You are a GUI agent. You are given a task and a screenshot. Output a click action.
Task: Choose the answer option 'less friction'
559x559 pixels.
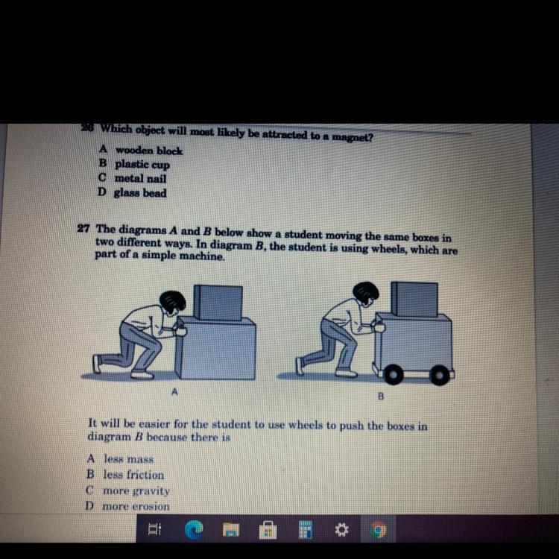[x=133, y=475]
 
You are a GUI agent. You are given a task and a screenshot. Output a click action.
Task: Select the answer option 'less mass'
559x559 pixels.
[x=128, y=459]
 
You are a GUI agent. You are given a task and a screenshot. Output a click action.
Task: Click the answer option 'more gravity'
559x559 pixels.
[x=136, y=491]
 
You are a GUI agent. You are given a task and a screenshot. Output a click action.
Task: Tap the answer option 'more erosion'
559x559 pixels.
[x=136, y=506]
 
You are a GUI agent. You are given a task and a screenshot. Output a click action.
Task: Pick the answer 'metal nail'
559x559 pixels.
[x=140, y=178]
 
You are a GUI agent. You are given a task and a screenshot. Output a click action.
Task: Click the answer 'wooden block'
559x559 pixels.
[x=149, y=151]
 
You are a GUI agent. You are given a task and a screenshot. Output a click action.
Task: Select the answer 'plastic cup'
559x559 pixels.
[x=142, y=165]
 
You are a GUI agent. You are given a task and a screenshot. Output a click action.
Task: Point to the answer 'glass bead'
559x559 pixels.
[x=140, y=192]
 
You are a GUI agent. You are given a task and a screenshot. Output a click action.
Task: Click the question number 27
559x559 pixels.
[x=83, y=228]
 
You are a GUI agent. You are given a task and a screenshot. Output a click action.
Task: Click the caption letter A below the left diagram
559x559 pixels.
[x=174, y=392]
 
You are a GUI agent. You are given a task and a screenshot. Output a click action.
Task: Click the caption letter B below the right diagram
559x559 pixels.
[x=381, y=396]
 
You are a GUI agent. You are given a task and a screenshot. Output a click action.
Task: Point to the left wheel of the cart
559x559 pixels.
[x=394, y=374]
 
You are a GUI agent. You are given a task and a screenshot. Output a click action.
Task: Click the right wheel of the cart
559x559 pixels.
[x=440, y=375]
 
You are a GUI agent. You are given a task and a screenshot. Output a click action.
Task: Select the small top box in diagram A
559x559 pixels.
[x=218, y=303]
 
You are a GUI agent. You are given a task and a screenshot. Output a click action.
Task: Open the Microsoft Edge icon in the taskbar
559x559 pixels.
[x=194, y=529]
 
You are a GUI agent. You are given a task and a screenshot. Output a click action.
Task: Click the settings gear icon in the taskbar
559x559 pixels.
[x=341, y=530]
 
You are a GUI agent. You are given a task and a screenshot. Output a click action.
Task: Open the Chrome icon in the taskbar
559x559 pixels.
[x=378, y=530]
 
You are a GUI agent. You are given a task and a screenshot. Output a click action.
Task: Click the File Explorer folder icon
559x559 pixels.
[x=231, y=529]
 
